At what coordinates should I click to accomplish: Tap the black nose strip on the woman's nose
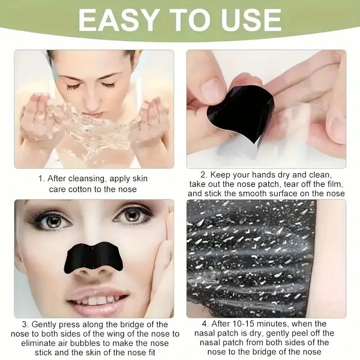click(x=94, y=257)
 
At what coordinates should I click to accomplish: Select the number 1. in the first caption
click(x=41, y=179)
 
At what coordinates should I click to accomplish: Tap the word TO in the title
click(x=187, y=20)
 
